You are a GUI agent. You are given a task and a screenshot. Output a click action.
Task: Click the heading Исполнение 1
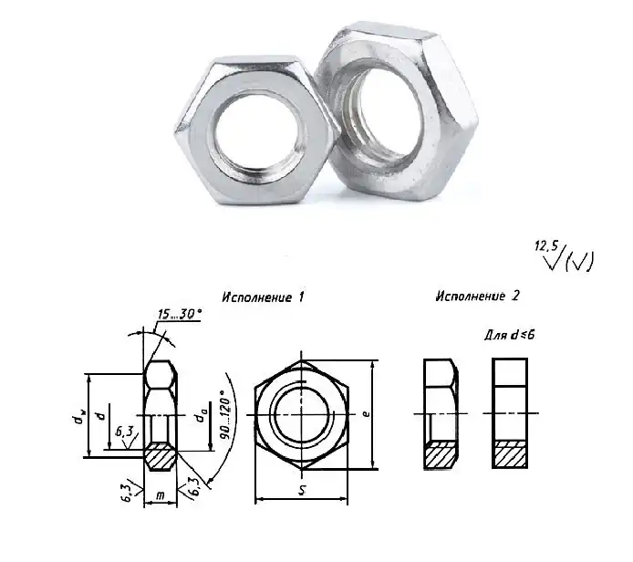[x=263, y=297]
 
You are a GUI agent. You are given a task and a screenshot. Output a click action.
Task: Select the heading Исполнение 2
[x=477, y=296]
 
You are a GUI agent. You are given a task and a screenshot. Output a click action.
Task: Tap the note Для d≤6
[x=510, y=335]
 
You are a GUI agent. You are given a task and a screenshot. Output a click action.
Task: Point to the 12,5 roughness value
[x=546, y=245]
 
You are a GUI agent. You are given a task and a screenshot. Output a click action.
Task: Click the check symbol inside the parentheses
[x=579, y=261]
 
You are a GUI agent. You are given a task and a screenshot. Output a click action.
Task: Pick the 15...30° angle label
[x=180, y=314]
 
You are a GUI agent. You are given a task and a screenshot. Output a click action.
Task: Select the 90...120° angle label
[x=225, y=415]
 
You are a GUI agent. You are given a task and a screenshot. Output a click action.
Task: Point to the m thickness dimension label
[x=161, y=495]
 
